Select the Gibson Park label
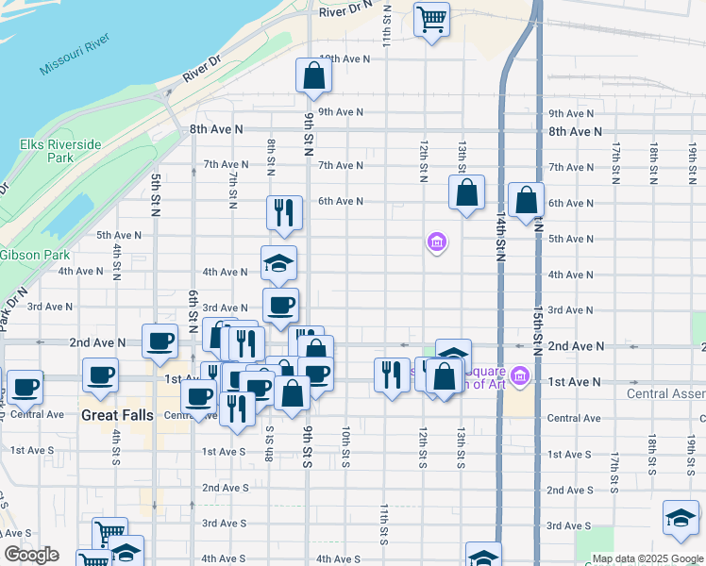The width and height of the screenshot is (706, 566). coord(35,256)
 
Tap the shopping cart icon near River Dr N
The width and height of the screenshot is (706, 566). coord(431,19)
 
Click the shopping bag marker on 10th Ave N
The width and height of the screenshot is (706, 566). coord(313,75)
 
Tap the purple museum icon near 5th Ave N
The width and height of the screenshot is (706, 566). coord(436,243)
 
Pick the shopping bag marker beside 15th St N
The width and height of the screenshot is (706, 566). coord(526,200)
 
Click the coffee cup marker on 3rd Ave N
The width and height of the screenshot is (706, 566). coord(280,305)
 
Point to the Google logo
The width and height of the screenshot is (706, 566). coord(31,555)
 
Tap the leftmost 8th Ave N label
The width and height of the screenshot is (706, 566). coord(216,129)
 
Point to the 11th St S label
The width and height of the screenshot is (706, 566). coord(384,524)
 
